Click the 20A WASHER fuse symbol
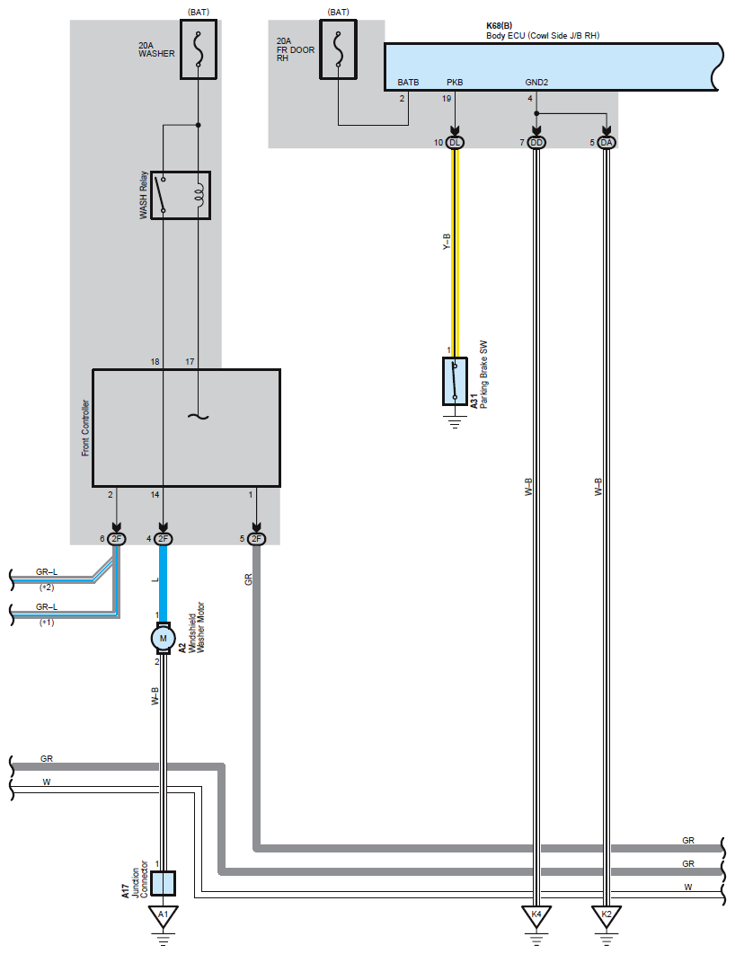pyautogui.click(x=198, y=51)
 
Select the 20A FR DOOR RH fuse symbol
pyautogui.click(x=338, y=51)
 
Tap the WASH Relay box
pyautogui.click(x=181, y=194)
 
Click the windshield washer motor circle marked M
pyautogui.click(x=163, y=638)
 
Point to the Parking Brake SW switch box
pyautogui.click(x=455, y=381)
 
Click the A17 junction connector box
pyautogui.click(x=163, y=883)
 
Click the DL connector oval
pyautogui.click(x=456, y=143)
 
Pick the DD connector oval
pyautogui.click(x=536, y=143)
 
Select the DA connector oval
pyautogui.click(x=607, y=143)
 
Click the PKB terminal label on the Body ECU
pyautogui.click(x=455, y=83)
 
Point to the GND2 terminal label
pyautogui.click(x=536, y=83)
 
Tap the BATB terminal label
pyautogui.click(x=408, y=83)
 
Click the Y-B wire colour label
pyautogui.click(x=447, y=241)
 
